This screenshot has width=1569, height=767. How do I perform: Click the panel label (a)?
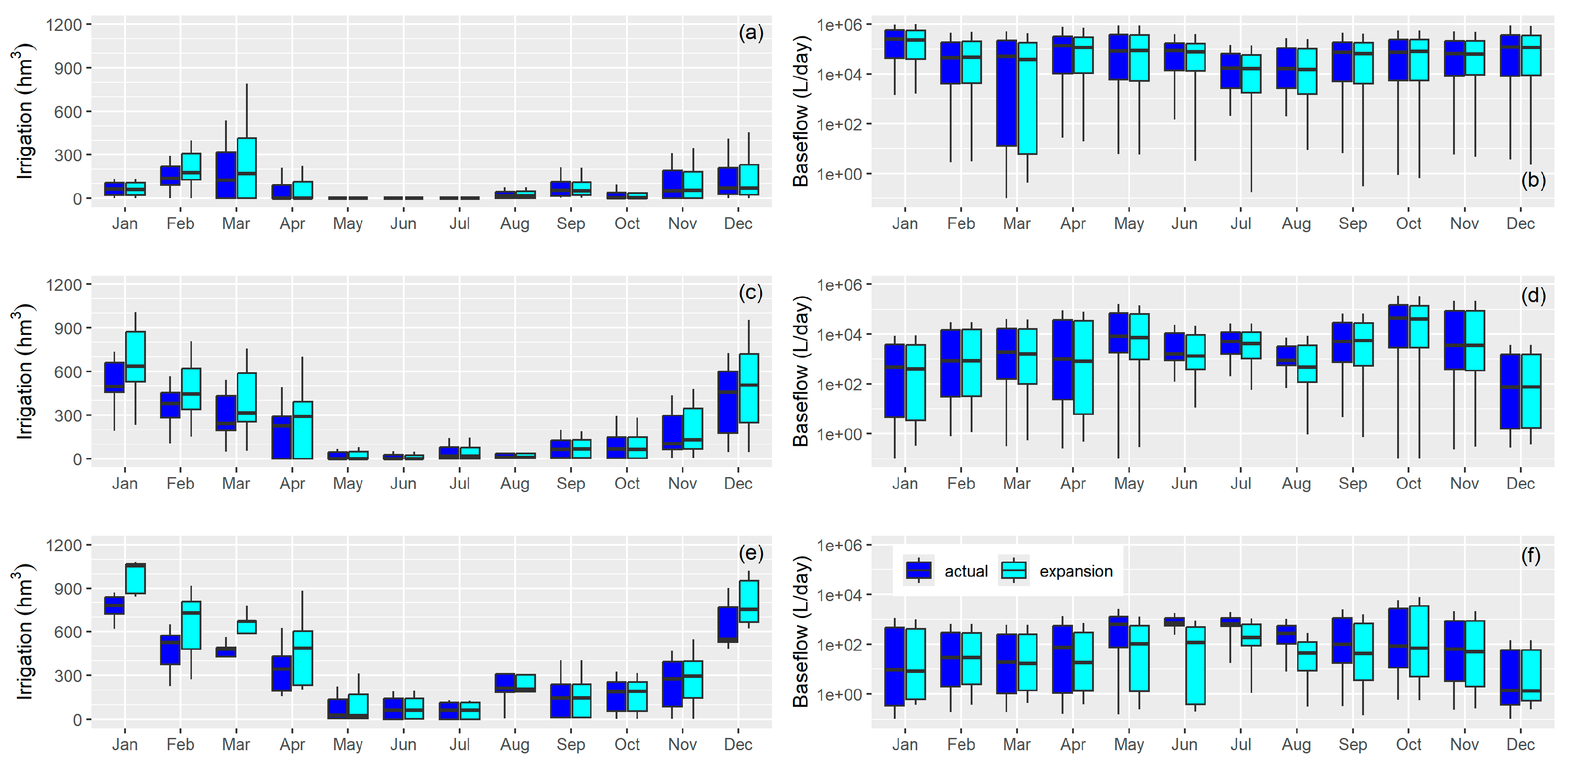point(750,32)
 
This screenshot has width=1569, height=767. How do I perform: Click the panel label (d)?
point(1533,295)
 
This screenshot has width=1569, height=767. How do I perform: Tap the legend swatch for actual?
point(918,570)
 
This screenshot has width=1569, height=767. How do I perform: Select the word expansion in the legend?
point(1076,571)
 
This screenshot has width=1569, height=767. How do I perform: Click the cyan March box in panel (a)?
point(247,168)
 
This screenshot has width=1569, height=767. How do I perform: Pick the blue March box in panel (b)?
point(1006,93)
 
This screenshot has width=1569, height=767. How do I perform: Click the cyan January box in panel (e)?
point(135,578)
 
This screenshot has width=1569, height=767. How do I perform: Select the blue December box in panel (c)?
point(728,402)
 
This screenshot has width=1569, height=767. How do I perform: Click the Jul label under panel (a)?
point(459,224)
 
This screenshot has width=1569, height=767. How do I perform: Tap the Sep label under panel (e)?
point(571,744)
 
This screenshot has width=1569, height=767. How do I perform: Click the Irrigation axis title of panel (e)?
point(23,631)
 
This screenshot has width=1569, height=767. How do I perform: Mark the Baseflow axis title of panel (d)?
point(801,371)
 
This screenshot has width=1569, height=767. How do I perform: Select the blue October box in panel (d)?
point(1398,326)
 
